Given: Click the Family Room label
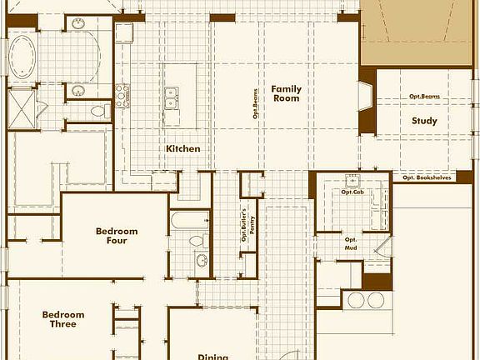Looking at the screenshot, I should click(286, 93).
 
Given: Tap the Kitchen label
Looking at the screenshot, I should click(182, 148).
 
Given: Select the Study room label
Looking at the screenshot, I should click(424, 121).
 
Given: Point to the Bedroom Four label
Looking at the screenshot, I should click(117, 236).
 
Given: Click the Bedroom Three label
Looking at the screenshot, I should click(63, 319).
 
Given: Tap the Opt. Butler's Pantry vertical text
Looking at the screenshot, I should click(244, 223).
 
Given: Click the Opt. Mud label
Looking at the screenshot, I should click(351, 243).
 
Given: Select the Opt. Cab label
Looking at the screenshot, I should click(352, 192).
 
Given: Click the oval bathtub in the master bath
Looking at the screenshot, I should click(23, 57).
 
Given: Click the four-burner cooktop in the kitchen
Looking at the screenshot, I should click(122, 92).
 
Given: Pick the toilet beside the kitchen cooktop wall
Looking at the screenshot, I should click(97, 109).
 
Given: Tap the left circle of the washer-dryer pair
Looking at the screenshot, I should click(357, 300).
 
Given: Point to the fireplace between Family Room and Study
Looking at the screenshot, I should click(366, 102).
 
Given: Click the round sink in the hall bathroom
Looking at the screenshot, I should click(202, 260).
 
